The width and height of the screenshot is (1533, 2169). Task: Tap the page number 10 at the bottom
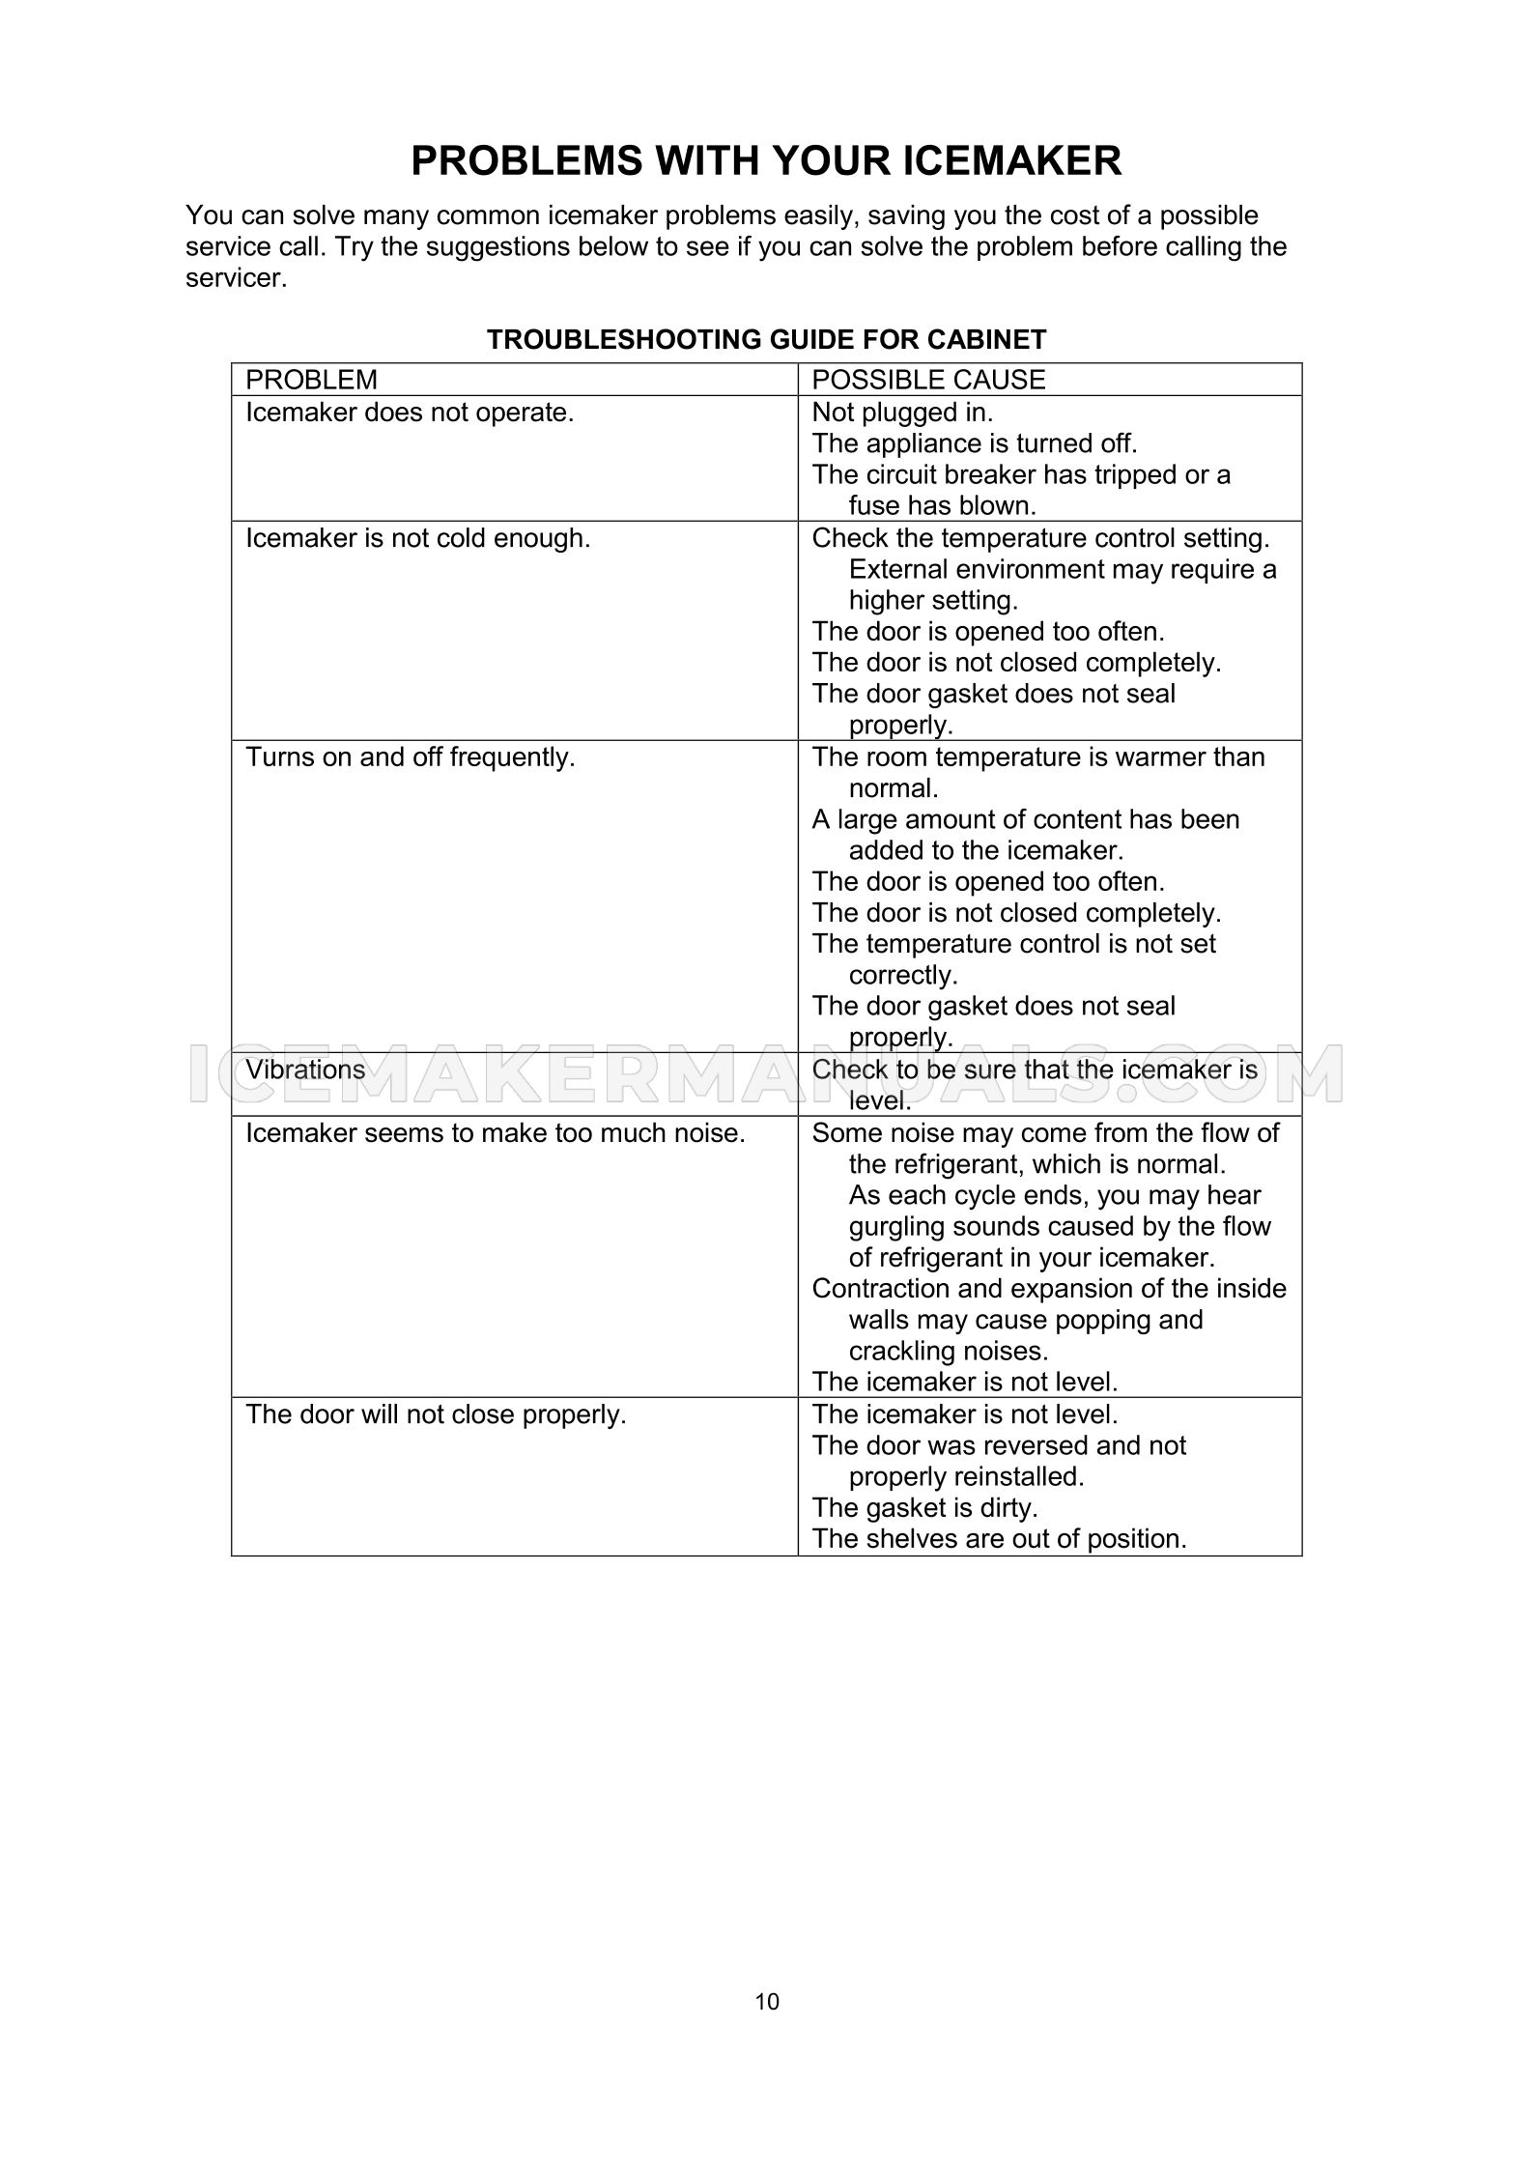[766, 2001]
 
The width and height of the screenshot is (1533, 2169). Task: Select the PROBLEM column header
[311, 380]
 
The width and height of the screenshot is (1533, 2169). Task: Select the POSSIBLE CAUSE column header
[928, 380]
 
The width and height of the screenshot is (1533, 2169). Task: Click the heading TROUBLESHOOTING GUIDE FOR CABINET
[766, 339]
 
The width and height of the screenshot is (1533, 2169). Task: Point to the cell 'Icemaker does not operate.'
[410, 413]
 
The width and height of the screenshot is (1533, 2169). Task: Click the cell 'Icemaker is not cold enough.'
[417, 538]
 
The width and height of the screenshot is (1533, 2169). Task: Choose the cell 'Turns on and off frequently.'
[410, 757]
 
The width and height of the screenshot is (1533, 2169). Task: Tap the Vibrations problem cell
[305, 1070]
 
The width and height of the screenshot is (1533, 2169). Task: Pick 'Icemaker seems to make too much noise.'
[495, 1133]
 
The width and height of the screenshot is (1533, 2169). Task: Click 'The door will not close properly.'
[436, 1414]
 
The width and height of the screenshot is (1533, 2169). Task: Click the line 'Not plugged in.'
[902, 413]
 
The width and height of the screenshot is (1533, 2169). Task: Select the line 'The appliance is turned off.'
[975, 443]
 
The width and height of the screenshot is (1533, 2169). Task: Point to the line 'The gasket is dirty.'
[924, 1507]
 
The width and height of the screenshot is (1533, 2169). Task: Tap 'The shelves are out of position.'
[999, 1538]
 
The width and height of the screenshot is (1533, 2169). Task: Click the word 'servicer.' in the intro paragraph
[236, 279]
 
